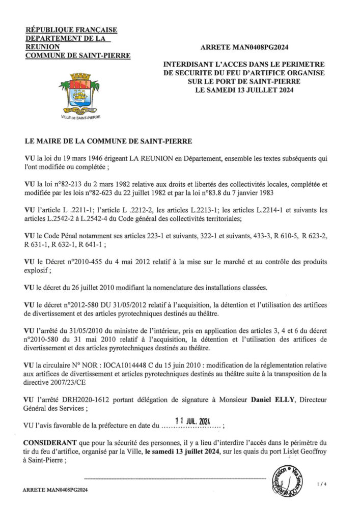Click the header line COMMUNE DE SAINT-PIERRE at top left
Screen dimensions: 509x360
[77, 55]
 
